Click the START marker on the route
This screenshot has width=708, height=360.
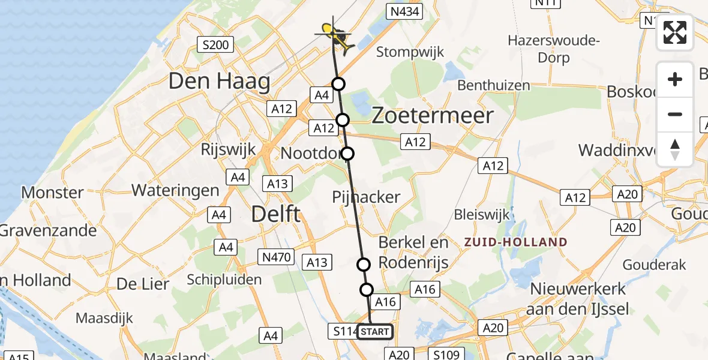tap(375, 331)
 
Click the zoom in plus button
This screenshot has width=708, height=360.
tap(675, 79)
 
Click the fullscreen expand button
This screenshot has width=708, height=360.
tap(675, 32)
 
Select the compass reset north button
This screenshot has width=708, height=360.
tap(675, 149)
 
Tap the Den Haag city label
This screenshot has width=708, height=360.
tap(219, 81)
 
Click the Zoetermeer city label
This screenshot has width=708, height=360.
tap(433, 116)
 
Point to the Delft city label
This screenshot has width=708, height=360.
tap(276, 214)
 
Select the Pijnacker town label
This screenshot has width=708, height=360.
tap(366, 197)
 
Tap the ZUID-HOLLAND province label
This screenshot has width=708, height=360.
tap(515, 242)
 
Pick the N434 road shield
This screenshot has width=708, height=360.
tap(405, 11)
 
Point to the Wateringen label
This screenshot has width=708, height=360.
tap(175, 190)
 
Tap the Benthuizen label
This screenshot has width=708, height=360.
tap(494, 85)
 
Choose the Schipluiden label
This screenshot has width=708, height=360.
tap(224, 280)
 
